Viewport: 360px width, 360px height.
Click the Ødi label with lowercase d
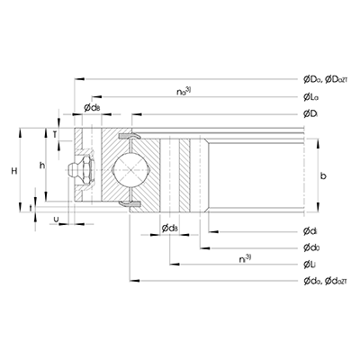point(310,233)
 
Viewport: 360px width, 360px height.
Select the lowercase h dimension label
point(40,164)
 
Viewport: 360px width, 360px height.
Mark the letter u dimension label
point(57,217)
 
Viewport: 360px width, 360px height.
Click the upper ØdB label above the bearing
point(92,108)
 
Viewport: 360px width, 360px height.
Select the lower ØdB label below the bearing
point(170,229)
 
